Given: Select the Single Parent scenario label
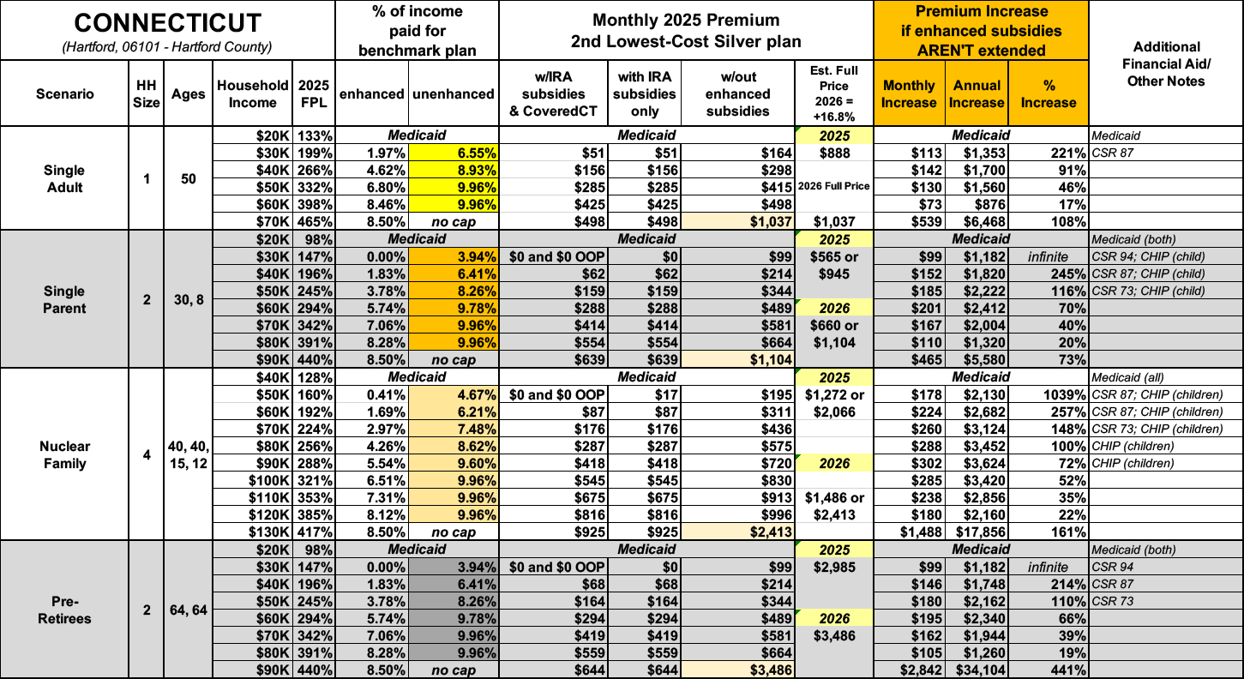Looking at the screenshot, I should tap(65, 298).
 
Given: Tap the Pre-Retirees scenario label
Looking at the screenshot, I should tap(65, 610).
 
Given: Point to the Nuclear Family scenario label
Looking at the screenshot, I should tap(65, 454).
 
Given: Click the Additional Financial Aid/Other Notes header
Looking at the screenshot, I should tap(1165, 63).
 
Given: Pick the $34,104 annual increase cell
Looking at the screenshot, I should tap(977, 670).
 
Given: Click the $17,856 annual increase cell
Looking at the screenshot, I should tap(977, 532).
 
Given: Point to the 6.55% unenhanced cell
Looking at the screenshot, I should tap(454, 152).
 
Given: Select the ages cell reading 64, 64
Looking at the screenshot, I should tap(188, 610).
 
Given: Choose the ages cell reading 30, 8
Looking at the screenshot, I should tap(188, 298).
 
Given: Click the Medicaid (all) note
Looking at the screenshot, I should tap(1128, 377).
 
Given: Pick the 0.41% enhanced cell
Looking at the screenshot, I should tap(374, 394).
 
